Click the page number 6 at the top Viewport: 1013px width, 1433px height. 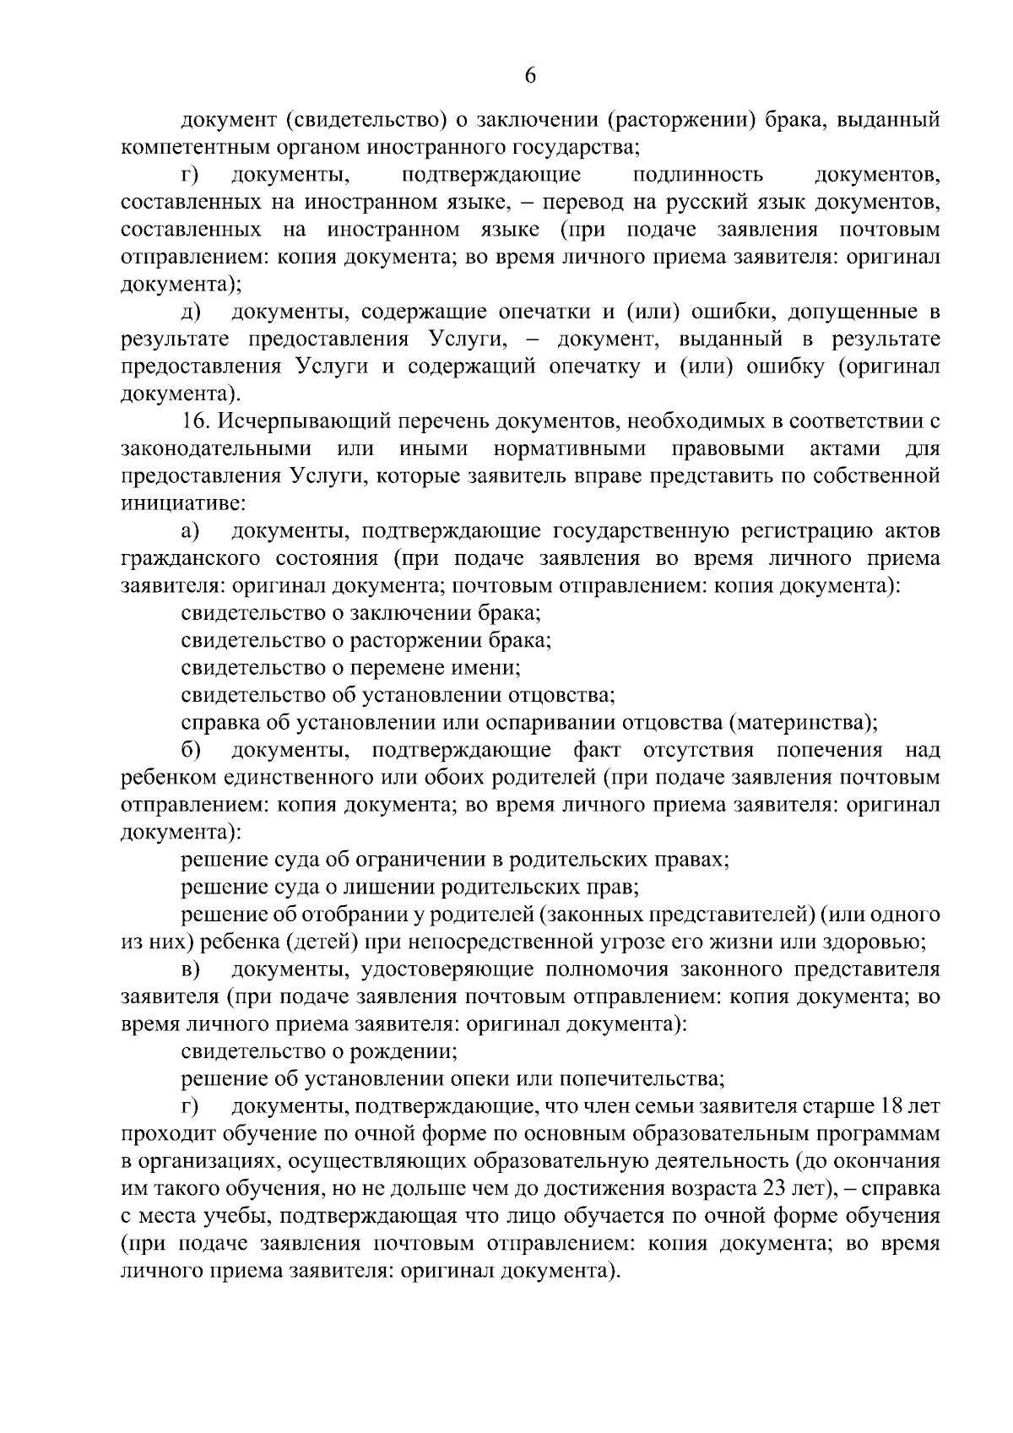[530, 75]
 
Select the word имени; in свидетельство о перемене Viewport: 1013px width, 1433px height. [490, 668]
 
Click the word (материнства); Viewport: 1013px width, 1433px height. [803, 723]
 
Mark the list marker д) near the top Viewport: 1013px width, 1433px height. [190, 312]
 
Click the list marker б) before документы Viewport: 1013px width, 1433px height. [190, 751]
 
